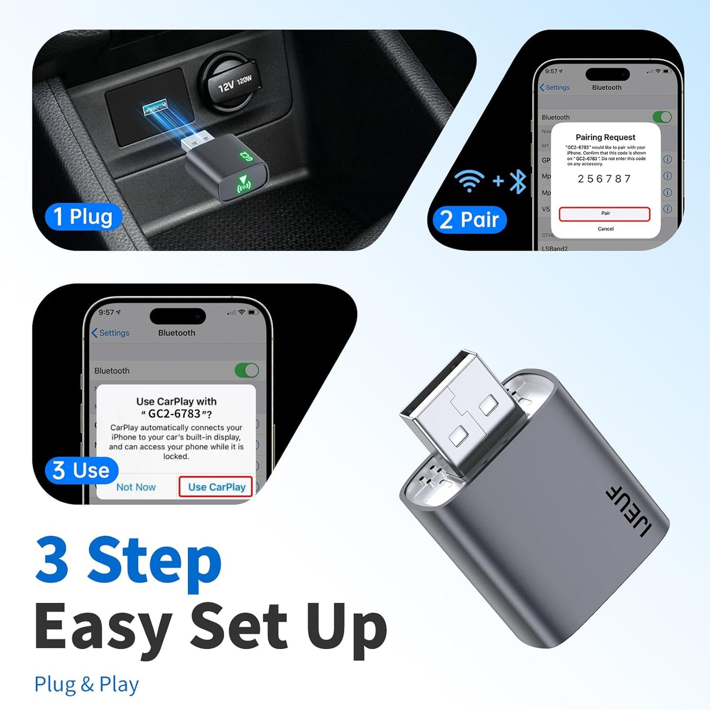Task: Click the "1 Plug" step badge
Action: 83,217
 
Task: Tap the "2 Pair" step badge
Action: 469,219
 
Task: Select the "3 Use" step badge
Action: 82,470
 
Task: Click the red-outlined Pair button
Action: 604,214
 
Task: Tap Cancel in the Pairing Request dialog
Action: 605,229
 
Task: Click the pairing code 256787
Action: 604,179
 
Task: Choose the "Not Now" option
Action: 136,487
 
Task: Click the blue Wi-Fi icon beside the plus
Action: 469,180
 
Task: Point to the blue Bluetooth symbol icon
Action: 518,181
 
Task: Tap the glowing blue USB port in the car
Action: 155,108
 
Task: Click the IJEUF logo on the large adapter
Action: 629,511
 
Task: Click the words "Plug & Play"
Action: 86,684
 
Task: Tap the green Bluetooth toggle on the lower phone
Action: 247,370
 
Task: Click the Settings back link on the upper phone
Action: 555,87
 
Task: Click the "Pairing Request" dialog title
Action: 605,137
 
